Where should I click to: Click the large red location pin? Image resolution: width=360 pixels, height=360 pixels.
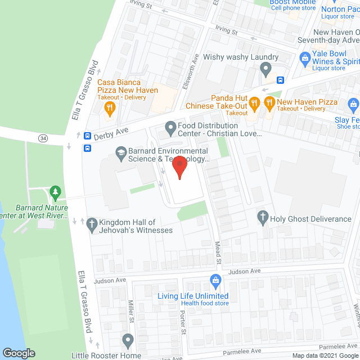(179, 167)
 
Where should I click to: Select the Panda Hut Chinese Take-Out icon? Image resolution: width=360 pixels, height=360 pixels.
(254, 102)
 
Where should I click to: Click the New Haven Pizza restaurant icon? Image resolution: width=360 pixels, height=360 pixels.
(269, 102)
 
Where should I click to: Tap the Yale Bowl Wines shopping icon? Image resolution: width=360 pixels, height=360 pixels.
(305, 57)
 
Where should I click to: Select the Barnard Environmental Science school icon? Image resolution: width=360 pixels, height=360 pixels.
(120, 151)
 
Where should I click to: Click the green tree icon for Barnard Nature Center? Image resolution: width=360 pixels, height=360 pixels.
(55, 192)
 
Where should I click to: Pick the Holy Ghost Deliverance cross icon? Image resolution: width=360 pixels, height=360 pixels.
(262, 217)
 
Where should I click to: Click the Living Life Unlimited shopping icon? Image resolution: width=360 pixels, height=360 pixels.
(214, 280)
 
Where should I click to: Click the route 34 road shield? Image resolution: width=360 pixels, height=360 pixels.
(43, 138)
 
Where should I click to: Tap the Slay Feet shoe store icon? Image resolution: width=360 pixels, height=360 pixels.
(353, 103)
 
